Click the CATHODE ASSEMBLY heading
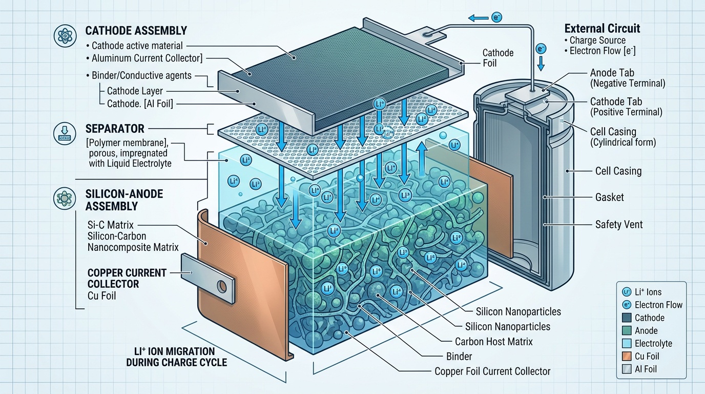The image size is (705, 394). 136,30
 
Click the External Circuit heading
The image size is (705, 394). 602,28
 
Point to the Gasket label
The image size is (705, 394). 610,197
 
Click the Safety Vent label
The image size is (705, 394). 619,224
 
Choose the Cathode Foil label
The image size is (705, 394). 498,58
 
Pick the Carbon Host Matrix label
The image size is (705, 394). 494,341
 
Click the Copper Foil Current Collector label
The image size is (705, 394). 492,371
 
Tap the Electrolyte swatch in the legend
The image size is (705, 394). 626,343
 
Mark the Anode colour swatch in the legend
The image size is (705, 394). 626,330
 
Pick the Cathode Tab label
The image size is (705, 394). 616,102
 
